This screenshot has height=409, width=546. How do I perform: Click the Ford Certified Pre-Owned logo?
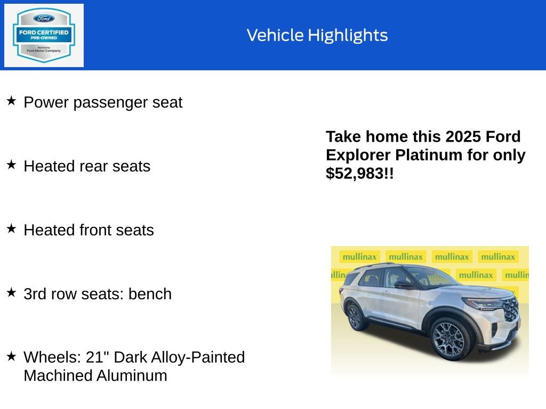tap(44, 35)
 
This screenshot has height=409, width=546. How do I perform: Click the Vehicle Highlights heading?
tap(317, 35)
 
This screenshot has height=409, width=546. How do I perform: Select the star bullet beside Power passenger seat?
tap(11, 101)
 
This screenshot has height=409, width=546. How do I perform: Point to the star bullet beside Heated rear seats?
tap(11, 165)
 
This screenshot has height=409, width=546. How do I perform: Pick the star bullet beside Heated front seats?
tap(11, 228)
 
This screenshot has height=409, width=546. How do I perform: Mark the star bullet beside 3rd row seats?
tap(11, 292)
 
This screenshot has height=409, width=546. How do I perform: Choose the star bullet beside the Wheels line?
tap(11, 356)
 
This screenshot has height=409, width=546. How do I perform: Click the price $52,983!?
tap(360, 173)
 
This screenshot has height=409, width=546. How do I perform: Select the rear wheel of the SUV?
tap(356, 317)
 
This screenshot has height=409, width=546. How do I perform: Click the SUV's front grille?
tap(510, 309)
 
